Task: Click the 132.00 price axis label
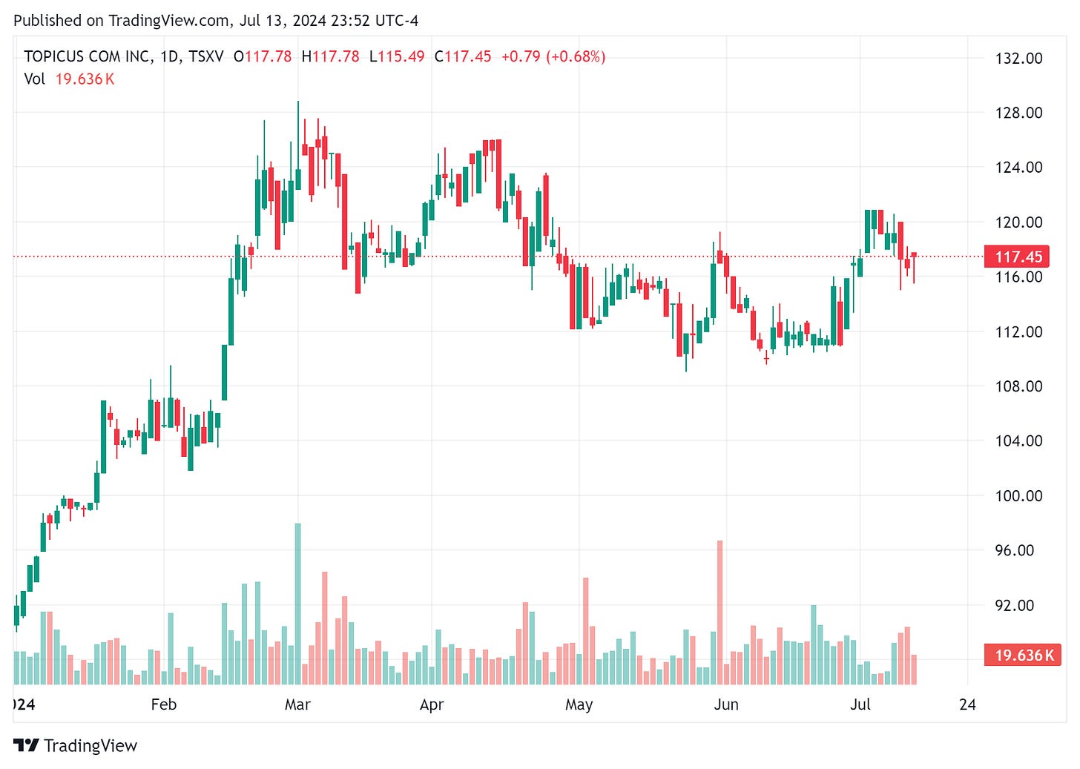[x=1018, y=59]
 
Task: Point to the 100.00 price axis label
[x=1018, y=495]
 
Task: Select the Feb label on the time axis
[x=164, y=704]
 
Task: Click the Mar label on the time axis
[x=297, y=704]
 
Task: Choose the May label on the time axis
[x=579, y=704]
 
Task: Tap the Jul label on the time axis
[x=860, y=704]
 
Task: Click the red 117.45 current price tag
[x=1018, y=257]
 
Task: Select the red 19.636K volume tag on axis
[x=1023, y=655]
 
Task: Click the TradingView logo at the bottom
[x=76, y=745]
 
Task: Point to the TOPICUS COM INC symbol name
[x=88, y=56]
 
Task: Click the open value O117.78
[x=263, y=56]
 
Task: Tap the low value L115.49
[x=397, y=56]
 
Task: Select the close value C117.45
[x=463, y=56]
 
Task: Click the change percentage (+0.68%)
[x=576, y=56]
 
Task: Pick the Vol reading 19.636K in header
[x=85, y=79]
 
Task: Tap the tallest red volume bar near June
[x=720, y=612]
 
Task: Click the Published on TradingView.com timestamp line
[x=216, y=21]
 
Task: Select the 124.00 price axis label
[x=1018, y=168]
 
